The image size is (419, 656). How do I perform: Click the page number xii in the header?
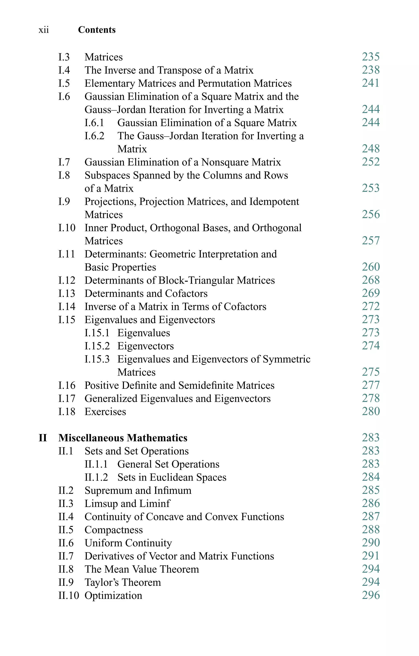[x=44, y=30]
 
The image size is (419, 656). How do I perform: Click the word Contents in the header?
[x=97, y=30]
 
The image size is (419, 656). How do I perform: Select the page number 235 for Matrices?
[x=371, y=57]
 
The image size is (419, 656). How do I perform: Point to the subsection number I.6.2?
[x=94, y=136]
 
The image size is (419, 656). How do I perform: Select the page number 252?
[x=371, y=162]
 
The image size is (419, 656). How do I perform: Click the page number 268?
[x=371, y=280]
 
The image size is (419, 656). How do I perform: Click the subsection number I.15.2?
[x=97, y=346]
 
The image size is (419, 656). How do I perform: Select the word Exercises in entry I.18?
[x=105, y=412]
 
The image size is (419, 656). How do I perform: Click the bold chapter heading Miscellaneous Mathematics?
[x=123, y=438]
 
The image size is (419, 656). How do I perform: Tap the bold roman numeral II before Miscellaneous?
[x=43, y=438]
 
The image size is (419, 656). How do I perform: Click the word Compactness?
[x=114, y=530]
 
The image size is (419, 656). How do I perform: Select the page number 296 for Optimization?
[x=371, y=595]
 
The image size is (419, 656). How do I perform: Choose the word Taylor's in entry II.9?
[x=100, y=582]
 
